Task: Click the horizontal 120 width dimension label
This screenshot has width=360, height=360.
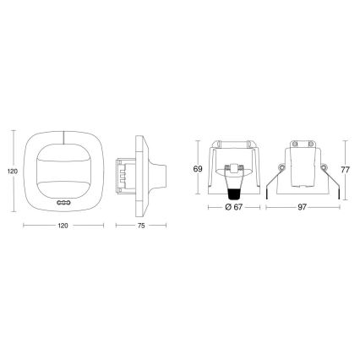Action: point(63,227)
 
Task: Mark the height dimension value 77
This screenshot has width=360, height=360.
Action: point(346,168)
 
